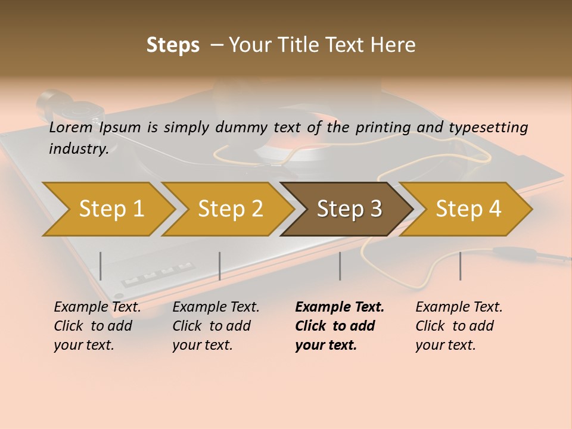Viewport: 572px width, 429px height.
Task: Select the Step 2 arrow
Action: [x=230, y=209]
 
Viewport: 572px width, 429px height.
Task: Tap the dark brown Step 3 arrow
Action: [x=349, y=209]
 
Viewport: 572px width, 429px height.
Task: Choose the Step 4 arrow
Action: [x=468, y=209]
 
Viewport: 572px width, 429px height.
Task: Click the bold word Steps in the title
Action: [x=173, y=45]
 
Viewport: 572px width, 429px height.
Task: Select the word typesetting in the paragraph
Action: [x=488, y=128]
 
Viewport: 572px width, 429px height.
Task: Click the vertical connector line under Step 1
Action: [x=101, y=266]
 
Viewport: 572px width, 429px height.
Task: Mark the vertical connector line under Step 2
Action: [x=220, y=266]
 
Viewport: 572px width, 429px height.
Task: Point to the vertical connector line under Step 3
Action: [x=340, y=266]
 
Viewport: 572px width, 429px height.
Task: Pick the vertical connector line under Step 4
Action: [x=460, y=266]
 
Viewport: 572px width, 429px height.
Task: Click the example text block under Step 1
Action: [x=97, y=326]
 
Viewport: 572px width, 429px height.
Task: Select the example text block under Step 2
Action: [x=216, y=326]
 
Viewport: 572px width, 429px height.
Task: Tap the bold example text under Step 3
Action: [x=340, y=326]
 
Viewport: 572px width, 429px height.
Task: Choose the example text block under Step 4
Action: [x=459, y=326]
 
